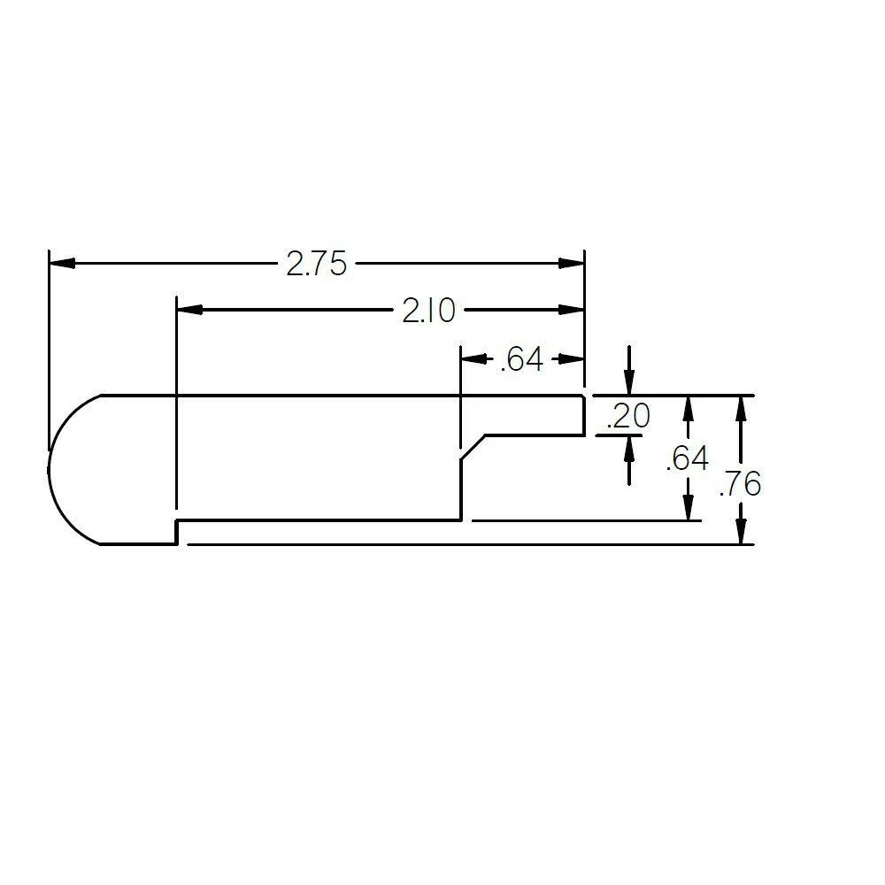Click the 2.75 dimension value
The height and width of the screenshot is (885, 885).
316,264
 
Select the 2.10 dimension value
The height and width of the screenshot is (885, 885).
428,311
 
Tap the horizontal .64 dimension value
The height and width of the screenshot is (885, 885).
521,360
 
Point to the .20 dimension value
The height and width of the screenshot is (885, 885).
628,416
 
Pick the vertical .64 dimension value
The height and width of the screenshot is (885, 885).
687,459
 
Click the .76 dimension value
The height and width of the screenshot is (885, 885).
741,484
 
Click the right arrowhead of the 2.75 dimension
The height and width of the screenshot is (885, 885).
573,263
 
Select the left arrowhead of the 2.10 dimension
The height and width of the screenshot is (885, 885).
189,310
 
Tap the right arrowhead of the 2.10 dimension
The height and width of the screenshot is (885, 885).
573,310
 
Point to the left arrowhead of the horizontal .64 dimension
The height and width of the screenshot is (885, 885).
473,359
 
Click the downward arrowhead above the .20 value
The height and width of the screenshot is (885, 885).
628,384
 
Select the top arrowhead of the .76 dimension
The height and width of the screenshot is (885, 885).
741,406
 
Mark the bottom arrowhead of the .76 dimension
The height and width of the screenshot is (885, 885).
741,533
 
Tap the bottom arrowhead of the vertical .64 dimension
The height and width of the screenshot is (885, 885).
687,510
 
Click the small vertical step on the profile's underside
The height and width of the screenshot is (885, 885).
177,532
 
